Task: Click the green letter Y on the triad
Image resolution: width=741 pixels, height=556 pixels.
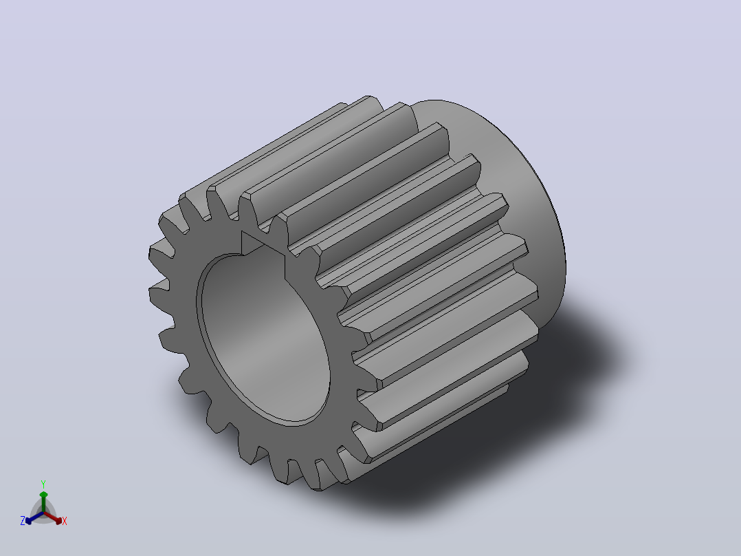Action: click(43, 484)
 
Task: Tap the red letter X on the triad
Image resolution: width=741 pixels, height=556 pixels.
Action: click(65, 521)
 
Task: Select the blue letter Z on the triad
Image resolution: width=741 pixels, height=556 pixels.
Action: click(23, 521)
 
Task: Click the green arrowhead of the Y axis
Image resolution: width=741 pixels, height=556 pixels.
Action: click(43, 495)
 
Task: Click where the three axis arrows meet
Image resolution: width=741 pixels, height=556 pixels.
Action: click(43, 513)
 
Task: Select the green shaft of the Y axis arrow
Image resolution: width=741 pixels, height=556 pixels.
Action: click(43, 504)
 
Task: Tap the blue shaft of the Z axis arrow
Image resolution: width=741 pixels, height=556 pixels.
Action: click(36, 517)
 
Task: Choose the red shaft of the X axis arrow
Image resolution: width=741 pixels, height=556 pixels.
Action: click(50, 517)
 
